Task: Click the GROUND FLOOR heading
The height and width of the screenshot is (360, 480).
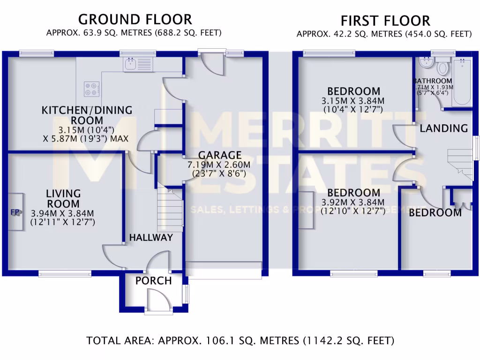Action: (x=135, y=20)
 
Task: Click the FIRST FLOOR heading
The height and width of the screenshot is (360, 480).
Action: (x=385, y=21)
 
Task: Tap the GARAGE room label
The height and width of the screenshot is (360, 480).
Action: (x=219, y=155)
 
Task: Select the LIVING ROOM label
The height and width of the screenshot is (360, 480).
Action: (x=63, y=199)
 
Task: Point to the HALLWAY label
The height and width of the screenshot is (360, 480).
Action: (x=151, y=238)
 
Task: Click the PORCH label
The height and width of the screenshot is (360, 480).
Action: (x=153, y=281)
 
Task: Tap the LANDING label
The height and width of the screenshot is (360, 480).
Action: (x=443, y=128)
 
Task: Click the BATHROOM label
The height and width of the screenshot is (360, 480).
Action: (x=434, y=81)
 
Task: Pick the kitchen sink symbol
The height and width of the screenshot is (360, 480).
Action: (x=137, y=64)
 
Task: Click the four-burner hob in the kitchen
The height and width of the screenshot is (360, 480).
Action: (x=92, y=89)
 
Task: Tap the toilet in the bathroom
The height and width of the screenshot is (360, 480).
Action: (x=442, y=67)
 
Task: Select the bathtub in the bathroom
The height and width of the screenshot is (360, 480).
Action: (x=462, y=82)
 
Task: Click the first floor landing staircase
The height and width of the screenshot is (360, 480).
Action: (x=461, y=164)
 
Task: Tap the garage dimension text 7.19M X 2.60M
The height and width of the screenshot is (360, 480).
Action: (x=219, y=165)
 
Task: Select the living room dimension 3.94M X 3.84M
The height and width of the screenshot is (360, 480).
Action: (x=63, y=214)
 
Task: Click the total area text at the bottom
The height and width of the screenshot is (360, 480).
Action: (x=240, y=340)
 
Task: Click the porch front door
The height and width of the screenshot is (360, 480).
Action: (x=155, y=300)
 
